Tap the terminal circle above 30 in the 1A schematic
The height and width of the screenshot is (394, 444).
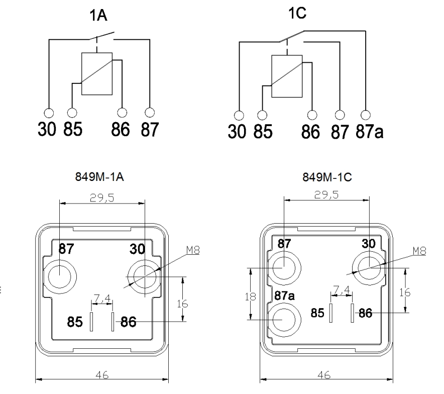point(49,112)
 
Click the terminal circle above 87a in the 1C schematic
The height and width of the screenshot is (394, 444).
point(366,113)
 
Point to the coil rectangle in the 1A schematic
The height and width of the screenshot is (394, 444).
point(96,73)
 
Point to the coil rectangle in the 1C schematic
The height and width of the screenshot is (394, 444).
point(286,76)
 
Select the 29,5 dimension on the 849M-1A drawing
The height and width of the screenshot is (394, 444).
point(102,199)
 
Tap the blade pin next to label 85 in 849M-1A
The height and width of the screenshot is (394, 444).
point(91,322)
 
